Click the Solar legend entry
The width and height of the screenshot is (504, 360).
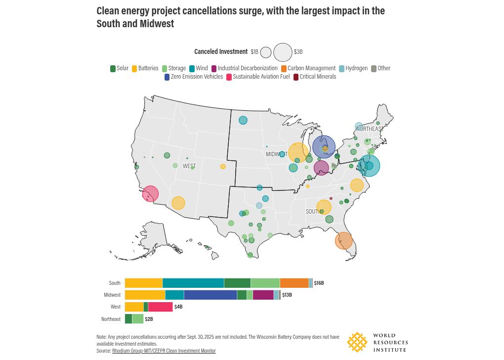tap(119, 68)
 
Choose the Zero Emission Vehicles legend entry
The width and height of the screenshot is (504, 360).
tap(193, 77)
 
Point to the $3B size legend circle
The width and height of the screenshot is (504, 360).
tap(283, 52)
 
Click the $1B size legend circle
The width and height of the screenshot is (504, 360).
tap(266, 52)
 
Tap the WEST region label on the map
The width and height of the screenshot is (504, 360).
tap(189, 166)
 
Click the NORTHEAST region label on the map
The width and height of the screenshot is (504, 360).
tap(370, 129)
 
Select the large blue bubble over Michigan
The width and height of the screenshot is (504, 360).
tap(324, 148)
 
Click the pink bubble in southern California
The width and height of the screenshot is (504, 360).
tap(150, 194)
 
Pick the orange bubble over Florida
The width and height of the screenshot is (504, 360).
tap(343, 241)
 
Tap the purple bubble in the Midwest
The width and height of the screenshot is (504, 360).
tap(321, 168)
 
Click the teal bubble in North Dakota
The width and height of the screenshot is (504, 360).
tap(243, 120)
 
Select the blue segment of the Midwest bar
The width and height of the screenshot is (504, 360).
tap(210, 295)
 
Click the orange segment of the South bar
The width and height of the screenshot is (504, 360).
tap(294, 283)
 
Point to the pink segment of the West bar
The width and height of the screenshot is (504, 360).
tap(160, 307)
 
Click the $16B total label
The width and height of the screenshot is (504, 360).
tap(319, 283)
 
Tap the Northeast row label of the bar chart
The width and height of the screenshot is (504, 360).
tap(111, 319)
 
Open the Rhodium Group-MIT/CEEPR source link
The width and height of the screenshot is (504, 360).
tap(164, 351)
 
